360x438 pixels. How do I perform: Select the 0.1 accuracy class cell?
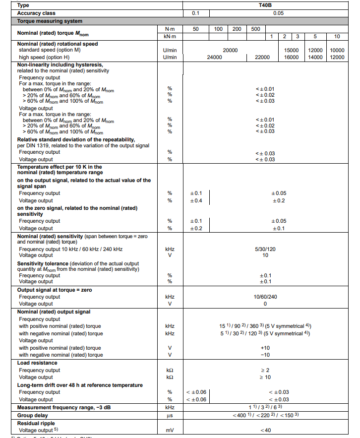coord(195,13)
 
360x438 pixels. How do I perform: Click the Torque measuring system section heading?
coord(50,21)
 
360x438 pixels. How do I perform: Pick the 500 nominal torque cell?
coord(255,29)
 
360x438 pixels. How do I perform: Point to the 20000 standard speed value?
coord(230,50)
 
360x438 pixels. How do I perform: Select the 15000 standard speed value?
coord(291,50)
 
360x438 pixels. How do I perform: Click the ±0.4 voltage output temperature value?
coord(196,200)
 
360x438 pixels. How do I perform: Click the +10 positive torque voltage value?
coord(265,348)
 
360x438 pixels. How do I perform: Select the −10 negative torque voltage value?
coord(265,355)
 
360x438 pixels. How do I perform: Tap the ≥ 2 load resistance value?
coord(265,370)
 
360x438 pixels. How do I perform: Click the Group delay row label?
coord(34,415)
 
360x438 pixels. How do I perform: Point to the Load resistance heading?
coord(37,363)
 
